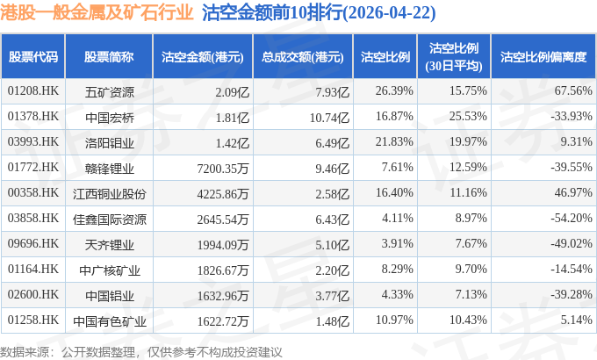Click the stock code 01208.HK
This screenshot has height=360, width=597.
33,91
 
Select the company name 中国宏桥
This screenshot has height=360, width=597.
110,118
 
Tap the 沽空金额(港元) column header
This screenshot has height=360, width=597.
203,57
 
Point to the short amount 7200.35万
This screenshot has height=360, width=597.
223,168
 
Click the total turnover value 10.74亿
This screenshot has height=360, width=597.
329,118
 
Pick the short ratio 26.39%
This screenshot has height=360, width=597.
394,90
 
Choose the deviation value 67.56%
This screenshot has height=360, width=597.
573,90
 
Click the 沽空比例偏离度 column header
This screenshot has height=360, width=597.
543,57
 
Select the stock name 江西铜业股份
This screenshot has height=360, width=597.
110,194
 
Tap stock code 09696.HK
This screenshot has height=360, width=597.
33,243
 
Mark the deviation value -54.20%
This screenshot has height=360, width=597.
572,218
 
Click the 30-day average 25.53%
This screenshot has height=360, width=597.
468,116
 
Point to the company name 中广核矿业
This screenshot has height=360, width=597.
110,270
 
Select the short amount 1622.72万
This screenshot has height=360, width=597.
223,321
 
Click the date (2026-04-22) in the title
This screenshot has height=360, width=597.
390,13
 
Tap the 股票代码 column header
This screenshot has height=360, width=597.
33,57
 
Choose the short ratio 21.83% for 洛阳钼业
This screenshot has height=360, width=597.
394,141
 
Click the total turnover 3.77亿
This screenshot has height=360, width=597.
332,296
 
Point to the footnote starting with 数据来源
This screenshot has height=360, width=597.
140,352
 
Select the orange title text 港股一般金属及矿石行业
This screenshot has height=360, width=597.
97,13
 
